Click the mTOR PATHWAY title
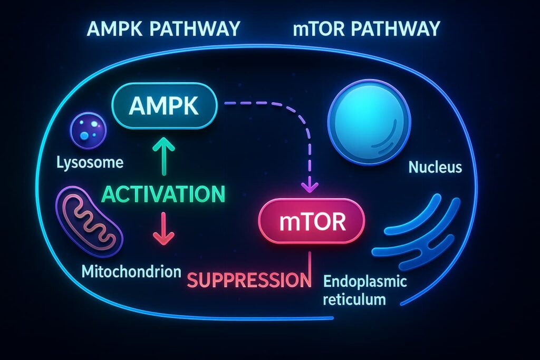366,28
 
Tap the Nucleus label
436,168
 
